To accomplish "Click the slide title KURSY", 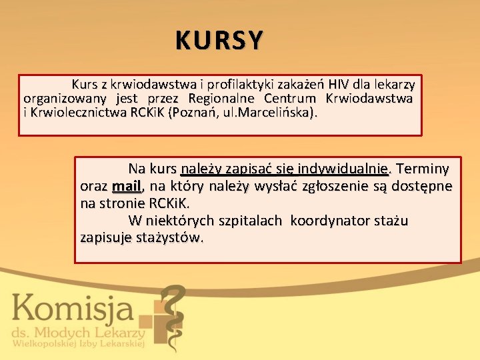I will click(x=219, y=41).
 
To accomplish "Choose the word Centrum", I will click(x=291, y=99).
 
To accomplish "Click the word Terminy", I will click(x=423, y=168).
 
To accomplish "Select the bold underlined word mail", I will click(x=127, y=185).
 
